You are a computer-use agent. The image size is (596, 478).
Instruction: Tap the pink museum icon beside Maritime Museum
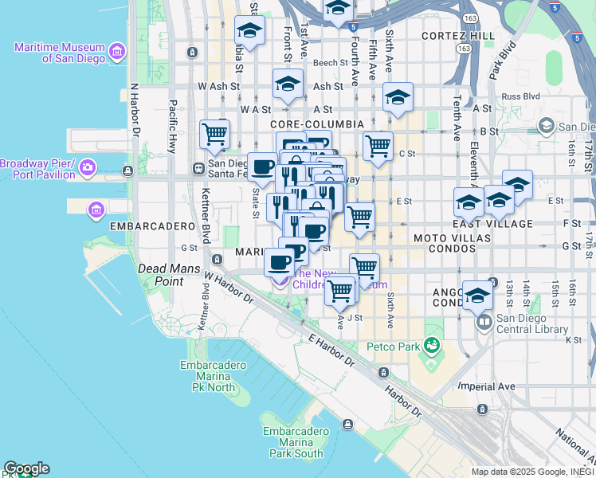(x=117, y=53)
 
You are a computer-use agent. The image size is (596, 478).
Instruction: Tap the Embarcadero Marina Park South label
(x=293, y=442)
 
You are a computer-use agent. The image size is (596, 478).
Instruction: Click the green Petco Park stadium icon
(x=432, y=346)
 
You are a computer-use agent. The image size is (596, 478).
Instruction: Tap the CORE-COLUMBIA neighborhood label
(x=316, y=125)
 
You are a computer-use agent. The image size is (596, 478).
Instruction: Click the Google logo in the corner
(x=26, y=468)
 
